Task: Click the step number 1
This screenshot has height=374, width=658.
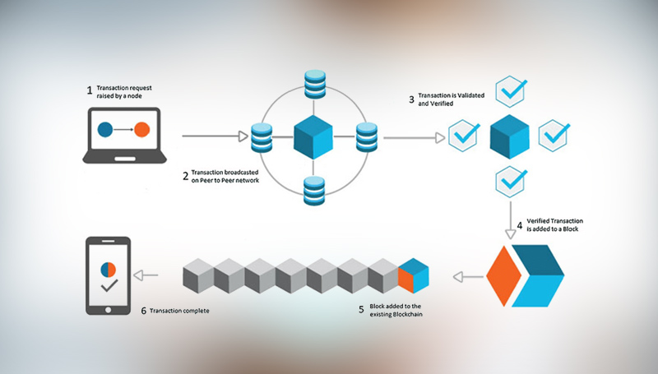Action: (x=90, y=90)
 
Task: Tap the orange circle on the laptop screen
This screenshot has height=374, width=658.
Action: (x=141, y=130)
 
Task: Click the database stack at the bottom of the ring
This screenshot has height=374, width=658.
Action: (x=313, y=190)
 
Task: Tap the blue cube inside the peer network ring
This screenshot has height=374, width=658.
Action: (x=313, y=135)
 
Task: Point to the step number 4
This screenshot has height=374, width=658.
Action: (x=519, y=224)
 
